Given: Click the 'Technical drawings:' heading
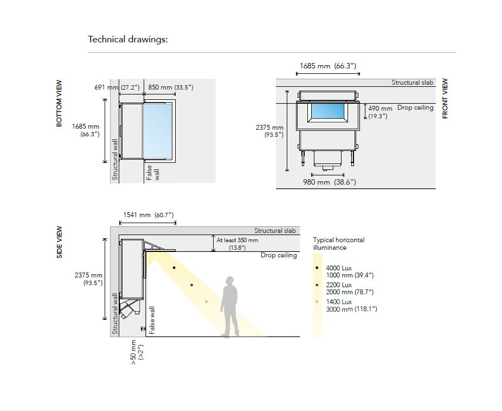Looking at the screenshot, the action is [128, 40].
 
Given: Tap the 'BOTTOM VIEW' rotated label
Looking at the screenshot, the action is [59, 103].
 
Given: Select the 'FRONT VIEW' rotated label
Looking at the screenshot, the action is [445, 98].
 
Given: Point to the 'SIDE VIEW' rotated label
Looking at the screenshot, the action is [59, 242].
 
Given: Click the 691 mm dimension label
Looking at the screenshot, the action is [106, 87].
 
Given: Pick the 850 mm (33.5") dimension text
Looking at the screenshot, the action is [171, 87].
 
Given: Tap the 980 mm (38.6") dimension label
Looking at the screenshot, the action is [330, 182].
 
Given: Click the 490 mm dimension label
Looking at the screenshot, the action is [380, 109].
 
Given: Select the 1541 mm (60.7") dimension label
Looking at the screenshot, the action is [149, 215].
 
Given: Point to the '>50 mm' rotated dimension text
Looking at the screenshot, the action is [134, 352].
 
